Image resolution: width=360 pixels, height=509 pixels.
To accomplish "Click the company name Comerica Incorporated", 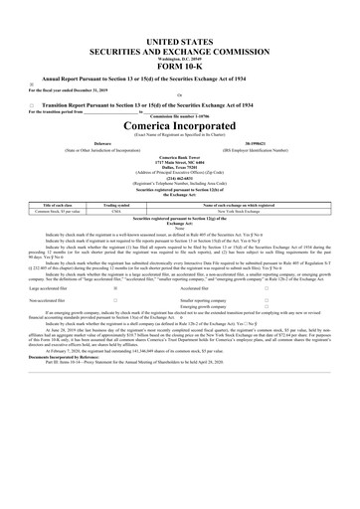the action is click(180, 128).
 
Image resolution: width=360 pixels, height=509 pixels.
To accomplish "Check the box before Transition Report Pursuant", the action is click(33, 105).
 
